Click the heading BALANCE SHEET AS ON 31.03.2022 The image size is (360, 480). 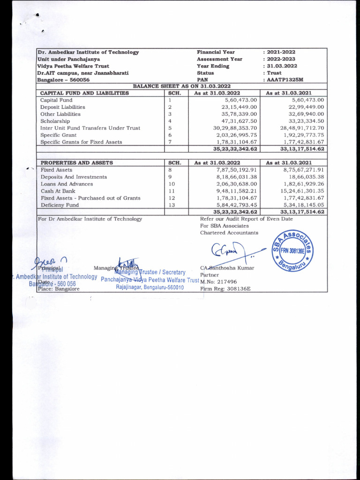(182, 86)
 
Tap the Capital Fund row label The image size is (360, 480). (56, 100)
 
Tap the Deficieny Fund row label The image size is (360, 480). (60, 205)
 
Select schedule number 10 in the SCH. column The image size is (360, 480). (171, 184)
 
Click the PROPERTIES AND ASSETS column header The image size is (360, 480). (76, 163)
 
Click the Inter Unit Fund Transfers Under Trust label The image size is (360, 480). (90, 128)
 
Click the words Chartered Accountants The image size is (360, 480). (229, 232)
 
